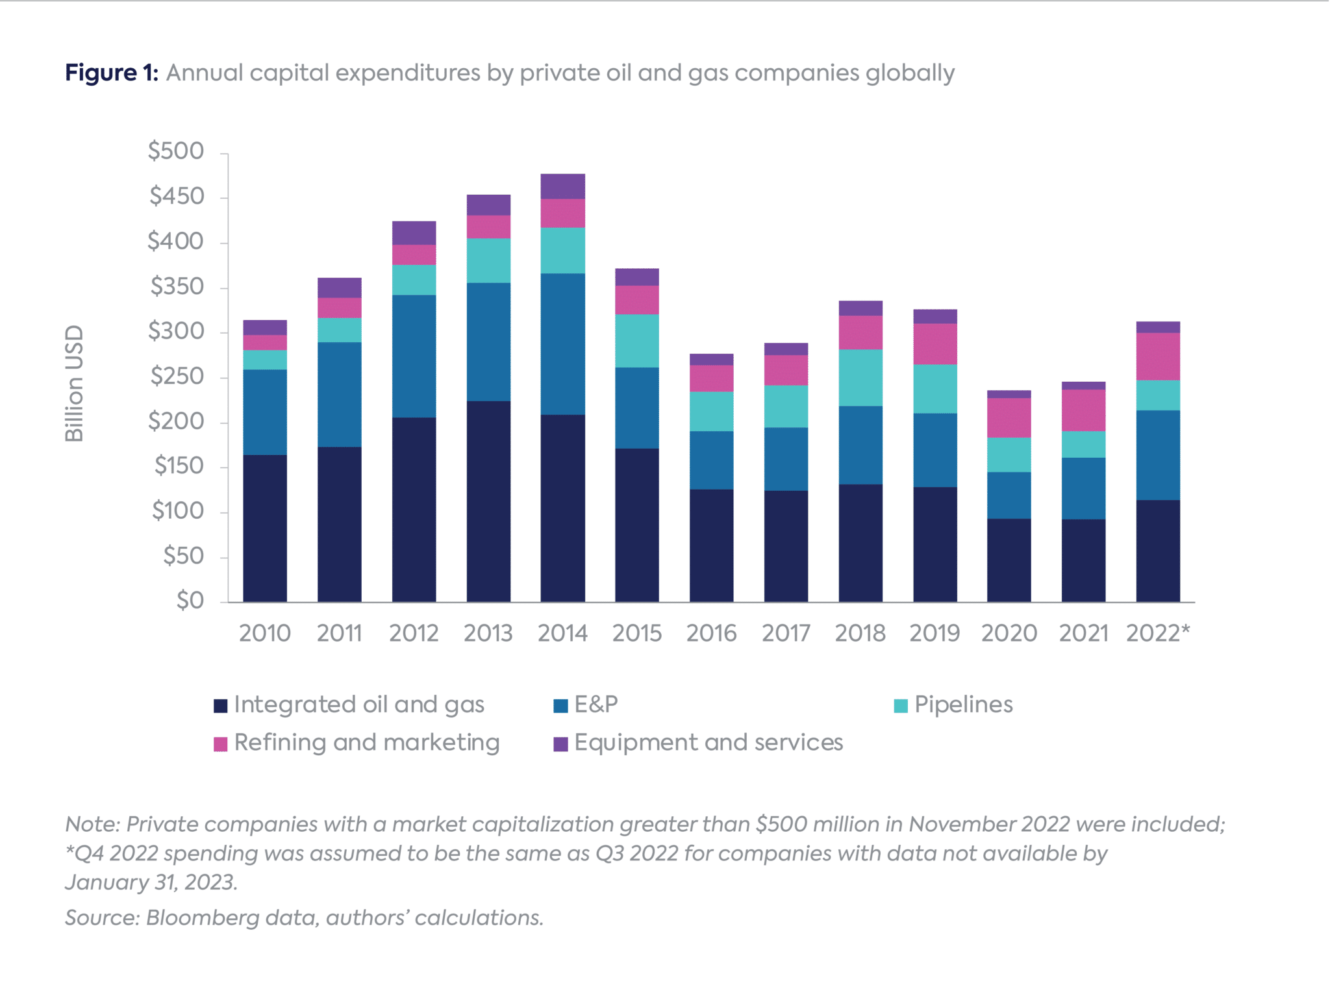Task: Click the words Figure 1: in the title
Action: [111, 73]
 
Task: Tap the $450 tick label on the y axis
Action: [177, 196]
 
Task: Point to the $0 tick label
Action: [190, 601]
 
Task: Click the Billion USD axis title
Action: [75, 383]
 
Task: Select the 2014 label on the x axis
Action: [562, 633]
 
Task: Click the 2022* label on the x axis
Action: [1158, 633]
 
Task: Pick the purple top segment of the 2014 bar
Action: [562, 186]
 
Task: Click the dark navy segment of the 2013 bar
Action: [488, 500]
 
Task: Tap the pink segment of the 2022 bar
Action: [1158, 356]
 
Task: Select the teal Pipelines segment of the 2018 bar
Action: [860, 378]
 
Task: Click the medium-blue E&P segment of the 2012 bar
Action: [414, 356]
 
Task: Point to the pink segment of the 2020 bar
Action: [1009, 418]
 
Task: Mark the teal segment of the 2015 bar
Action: [636, 341]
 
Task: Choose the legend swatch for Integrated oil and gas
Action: [221, 706]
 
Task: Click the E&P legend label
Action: [596, 705]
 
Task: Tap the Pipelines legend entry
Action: [963, 705]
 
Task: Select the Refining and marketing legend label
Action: [367, 743]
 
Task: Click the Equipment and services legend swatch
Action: [560, 744]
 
